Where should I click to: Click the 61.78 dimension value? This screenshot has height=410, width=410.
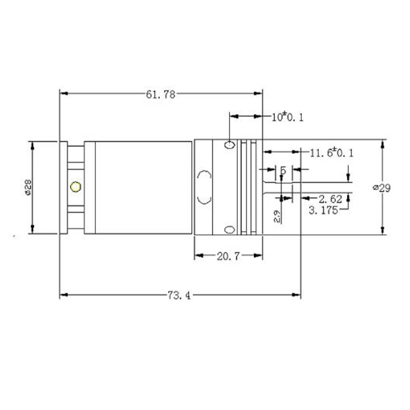point(161,94)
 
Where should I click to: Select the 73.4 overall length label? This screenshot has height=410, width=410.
point(179,296)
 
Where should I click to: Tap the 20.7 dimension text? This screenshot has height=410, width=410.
point(228,256)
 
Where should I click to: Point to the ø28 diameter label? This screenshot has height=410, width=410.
point(29,188)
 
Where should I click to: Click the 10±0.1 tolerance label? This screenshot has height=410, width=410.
point(288,117)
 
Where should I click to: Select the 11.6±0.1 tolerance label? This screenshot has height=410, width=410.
point(332,153)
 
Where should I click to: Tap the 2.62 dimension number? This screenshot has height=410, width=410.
point(330,198)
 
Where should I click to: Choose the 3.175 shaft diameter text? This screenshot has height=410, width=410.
point(325,210)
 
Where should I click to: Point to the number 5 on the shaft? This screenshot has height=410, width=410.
point(283,170)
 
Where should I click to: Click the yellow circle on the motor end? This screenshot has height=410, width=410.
point(76,187)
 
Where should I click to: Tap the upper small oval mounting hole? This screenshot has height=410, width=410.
point(230,145)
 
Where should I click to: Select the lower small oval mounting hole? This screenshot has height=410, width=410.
point(230,229)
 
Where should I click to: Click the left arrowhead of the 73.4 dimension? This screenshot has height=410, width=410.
point(63,295)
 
